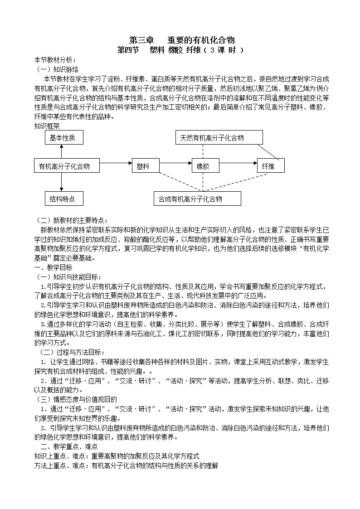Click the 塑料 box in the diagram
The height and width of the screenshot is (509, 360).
pyautogui.click(x=146, y=166)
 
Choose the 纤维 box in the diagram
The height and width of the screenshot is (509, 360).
pyautogui.click(x=271, y=166)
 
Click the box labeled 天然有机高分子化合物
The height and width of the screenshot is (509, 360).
pyautogui.click(x=219, y=138)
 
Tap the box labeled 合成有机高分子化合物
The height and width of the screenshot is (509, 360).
pyautogui.click(x=197, y=199)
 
